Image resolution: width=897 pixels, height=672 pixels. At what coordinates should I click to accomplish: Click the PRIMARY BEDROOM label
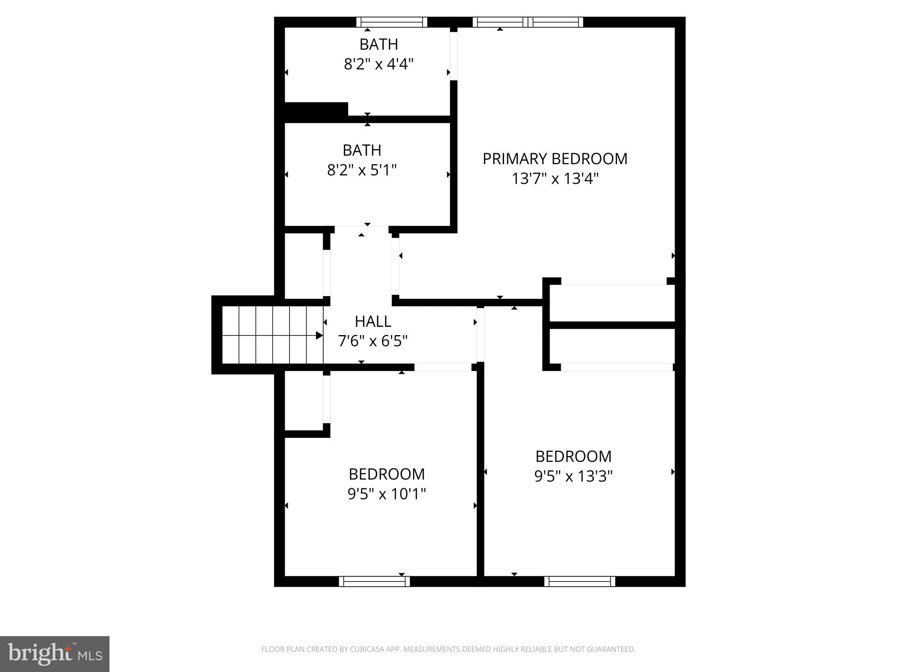[x=554, y=159]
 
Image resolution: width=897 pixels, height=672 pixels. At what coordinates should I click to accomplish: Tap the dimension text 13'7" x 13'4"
[x=554, y=178]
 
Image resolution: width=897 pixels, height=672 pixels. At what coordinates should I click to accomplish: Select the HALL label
[x=373, y=322]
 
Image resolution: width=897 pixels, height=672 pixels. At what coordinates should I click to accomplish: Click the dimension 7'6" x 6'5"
[x=373, y=341]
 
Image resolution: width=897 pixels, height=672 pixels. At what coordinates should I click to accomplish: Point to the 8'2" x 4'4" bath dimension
[x=378, y=64]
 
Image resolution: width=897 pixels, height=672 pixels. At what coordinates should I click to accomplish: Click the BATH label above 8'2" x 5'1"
[x=362, y=150]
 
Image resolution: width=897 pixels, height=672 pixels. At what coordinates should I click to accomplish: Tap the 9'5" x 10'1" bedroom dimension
[x=386, y=494]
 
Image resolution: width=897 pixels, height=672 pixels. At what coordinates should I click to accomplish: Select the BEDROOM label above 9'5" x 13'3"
[x=573, y=456]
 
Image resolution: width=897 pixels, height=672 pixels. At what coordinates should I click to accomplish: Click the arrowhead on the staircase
[x=319, y=336]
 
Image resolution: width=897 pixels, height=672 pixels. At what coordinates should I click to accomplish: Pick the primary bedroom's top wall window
[x=527, y=22]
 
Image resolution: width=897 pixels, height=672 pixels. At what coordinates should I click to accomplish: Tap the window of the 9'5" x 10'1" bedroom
[x=374, y=581]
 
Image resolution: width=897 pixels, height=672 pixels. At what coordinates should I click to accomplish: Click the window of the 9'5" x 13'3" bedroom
[x=579, y=581]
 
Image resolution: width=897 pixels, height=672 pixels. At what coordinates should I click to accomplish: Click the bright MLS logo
[x=55, y=654]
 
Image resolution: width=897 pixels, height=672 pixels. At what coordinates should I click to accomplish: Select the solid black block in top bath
[x=316, y=109]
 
